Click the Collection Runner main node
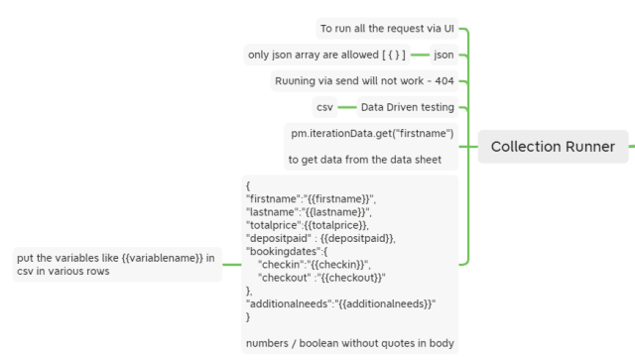[553, 147]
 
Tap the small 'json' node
[444, 55]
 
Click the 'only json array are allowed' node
[326, 55]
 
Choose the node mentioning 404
[364, 80]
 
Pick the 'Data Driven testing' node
[407, 107]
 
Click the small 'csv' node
[324, 107]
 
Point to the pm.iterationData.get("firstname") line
[372, 133]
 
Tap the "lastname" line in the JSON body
[309, 212]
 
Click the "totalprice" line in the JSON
[307, 225]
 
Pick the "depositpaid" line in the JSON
[320, 238]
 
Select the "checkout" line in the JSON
[320, 278]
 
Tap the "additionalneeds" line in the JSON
[341, 303]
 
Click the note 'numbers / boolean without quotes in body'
[349, 343]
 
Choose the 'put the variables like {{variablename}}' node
[117, 264]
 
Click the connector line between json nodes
[420, 55]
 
